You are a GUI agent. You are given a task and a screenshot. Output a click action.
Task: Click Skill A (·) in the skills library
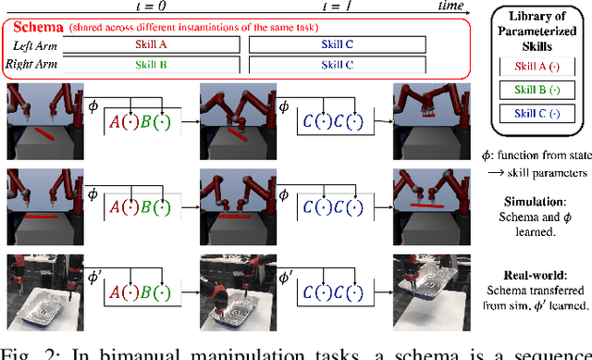pos(537,64)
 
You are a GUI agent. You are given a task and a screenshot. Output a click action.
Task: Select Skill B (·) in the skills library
pos(537,90)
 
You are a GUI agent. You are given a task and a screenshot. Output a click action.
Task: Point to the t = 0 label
pos(157,6)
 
